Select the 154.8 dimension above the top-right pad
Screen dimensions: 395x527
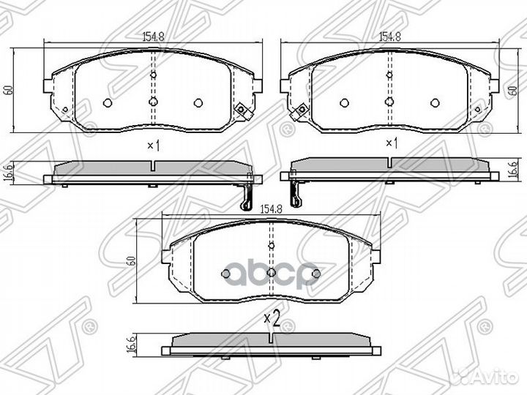pyautogui.click(x=389, y=34)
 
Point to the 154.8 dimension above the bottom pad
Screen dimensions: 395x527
pyautogui.click(x=272, y=209)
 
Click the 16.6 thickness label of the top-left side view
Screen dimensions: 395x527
pyautogui.click(x=8, y=173)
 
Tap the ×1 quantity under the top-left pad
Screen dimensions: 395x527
pyautogui.click(x=153, y=145)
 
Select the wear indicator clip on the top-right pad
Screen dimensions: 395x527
pyautogui.click(x=299, y=112)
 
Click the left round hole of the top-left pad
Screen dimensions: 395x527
pyautogui.click(x=108, y=102)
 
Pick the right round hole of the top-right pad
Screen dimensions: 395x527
pyautogui.click(x=435, y=102)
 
